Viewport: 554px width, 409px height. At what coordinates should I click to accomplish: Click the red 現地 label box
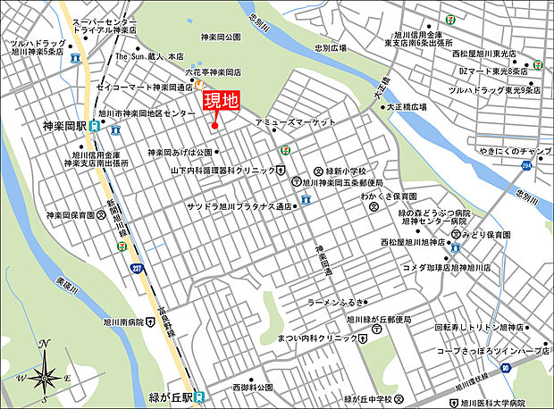click(x=219, y=100)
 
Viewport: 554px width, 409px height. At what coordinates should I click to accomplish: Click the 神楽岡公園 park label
click(x=221, y=37)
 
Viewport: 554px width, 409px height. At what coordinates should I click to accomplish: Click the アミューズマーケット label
click(x=295, y=121)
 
